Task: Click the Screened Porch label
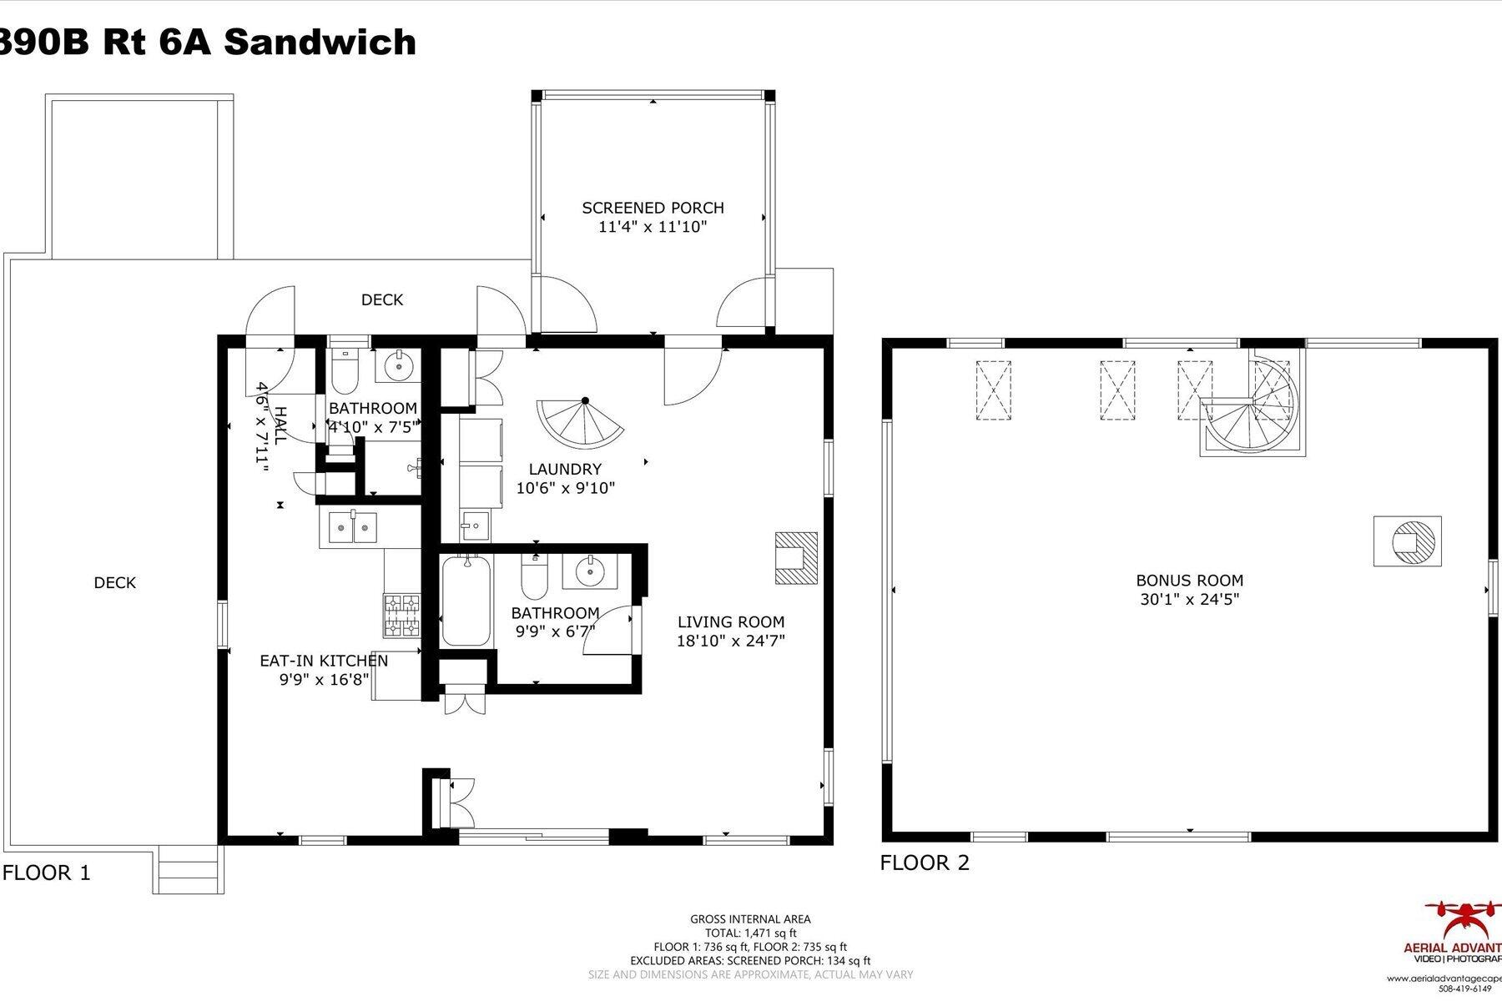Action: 653,208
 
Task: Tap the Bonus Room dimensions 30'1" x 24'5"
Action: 1189,599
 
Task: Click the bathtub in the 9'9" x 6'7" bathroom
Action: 466,601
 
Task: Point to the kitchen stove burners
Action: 404,614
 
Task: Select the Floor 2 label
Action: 925,863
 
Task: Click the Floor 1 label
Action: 47,873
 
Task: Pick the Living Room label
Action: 730,621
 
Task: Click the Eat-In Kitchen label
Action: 324,661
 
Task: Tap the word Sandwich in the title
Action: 320,42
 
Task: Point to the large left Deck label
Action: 114,583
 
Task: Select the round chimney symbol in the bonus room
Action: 1409,541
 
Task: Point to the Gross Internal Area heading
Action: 750,919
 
